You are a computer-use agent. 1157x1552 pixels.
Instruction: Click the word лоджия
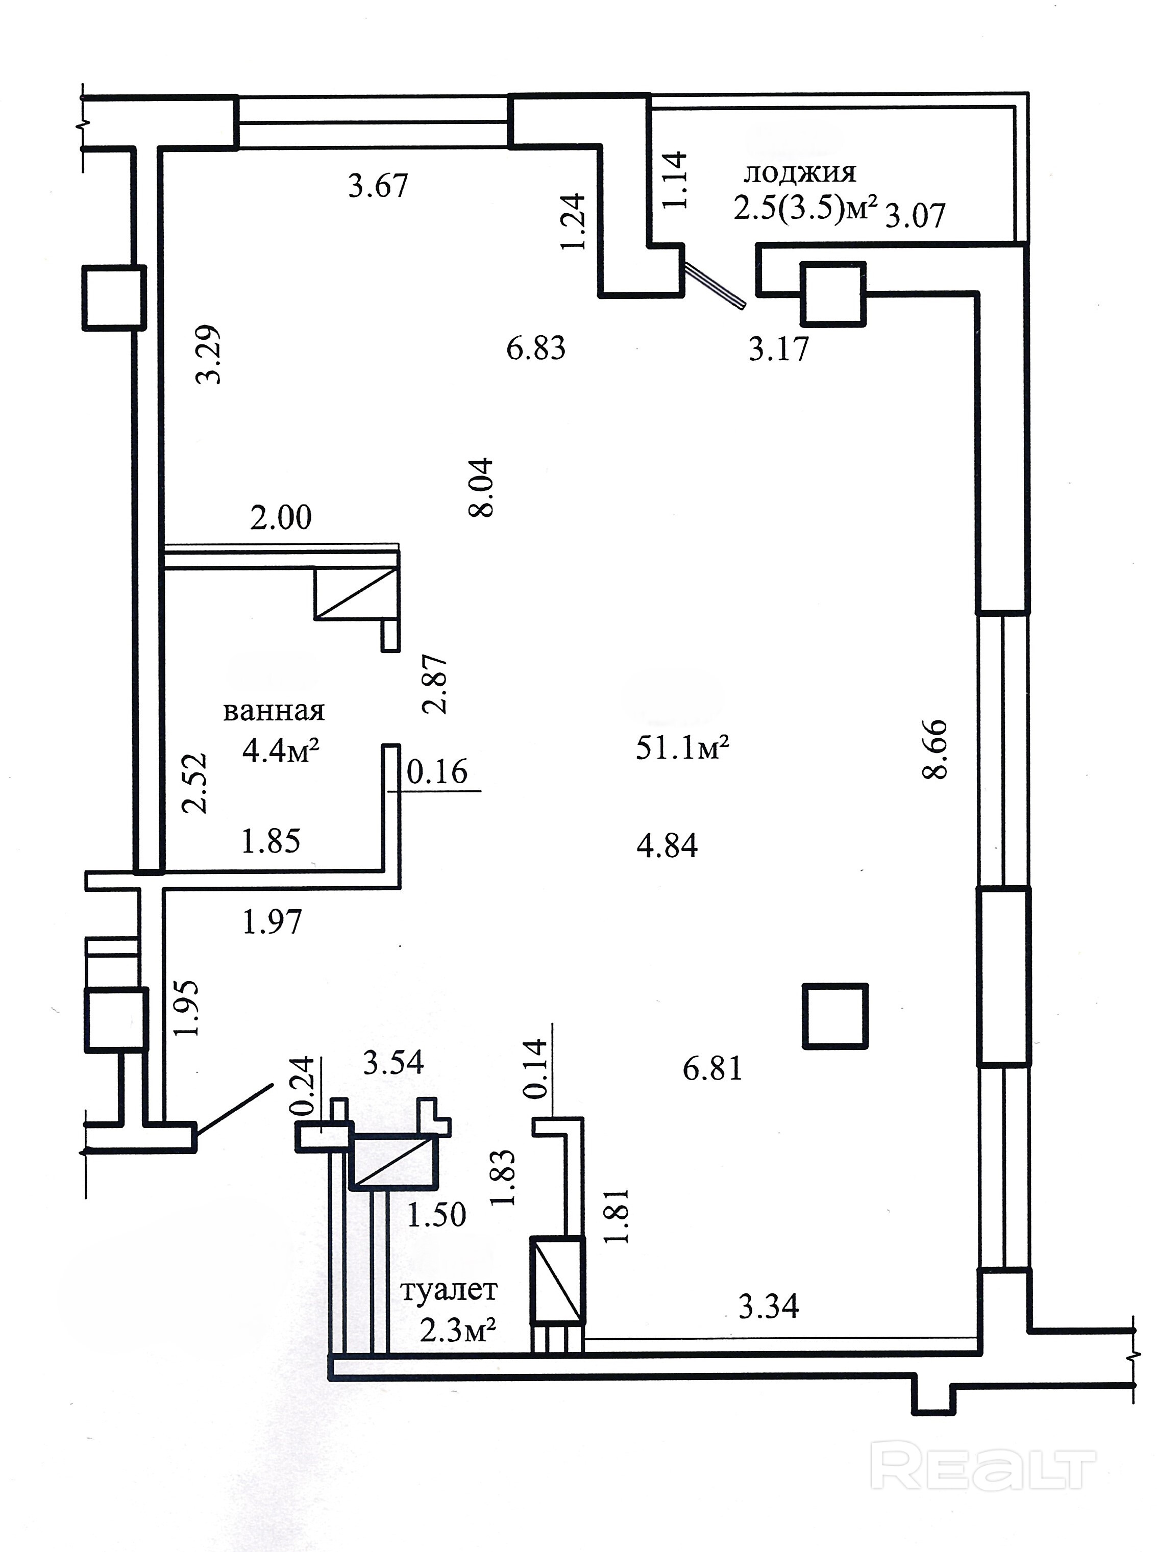[x=799, y=172]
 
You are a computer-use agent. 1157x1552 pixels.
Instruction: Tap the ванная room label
[x=274, y=711]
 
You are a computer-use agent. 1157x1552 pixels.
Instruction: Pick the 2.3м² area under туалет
[x=458, y=1330]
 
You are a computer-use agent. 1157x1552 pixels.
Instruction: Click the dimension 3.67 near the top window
[x=378, y=186]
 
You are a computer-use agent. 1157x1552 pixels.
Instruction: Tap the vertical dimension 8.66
[x=935, y=749]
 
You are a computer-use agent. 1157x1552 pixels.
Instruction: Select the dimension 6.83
[x=536, y=348]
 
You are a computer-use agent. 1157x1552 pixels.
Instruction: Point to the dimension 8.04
[x=482, y=487]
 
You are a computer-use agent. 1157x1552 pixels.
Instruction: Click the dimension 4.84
[x=667, y=846]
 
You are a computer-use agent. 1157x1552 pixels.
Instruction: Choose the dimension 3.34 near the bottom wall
[x=768, y=1306]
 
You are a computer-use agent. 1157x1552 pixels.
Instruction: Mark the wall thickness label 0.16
[x=437, y=771]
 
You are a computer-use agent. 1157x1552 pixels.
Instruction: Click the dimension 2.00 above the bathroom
[x=280, y=518]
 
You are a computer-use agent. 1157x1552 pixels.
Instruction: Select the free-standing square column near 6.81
[x=835, y=1016]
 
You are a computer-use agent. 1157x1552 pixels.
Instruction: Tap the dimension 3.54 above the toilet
[x=393, y=1062]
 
